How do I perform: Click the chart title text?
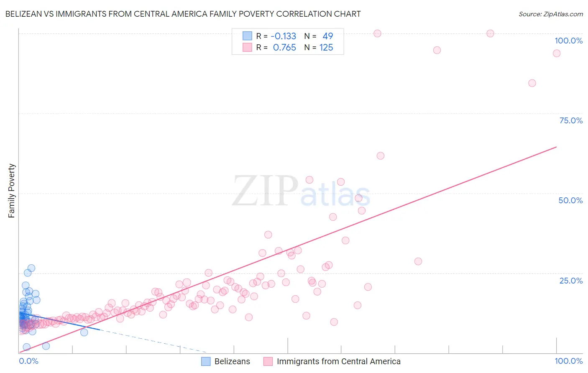183,14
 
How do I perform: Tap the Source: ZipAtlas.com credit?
550,14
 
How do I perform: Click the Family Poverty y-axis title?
12,191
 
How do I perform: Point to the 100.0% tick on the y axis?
568,41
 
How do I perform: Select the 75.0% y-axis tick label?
570,120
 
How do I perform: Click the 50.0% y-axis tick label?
570,200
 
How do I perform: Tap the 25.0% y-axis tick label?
570,281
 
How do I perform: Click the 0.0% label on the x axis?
28,361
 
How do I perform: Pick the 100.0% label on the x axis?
568,361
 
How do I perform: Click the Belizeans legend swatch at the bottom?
206,361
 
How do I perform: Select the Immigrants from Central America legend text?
338,361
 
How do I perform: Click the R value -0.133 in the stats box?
284,36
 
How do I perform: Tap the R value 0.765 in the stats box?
284,47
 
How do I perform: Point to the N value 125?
326,47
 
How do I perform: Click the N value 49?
327,36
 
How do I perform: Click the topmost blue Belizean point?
31,268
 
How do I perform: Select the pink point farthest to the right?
556,53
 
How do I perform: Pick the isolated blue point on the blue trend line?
84,332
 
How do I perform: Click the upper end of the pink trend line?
556,147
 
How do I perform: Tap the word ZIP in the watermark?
265,191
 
